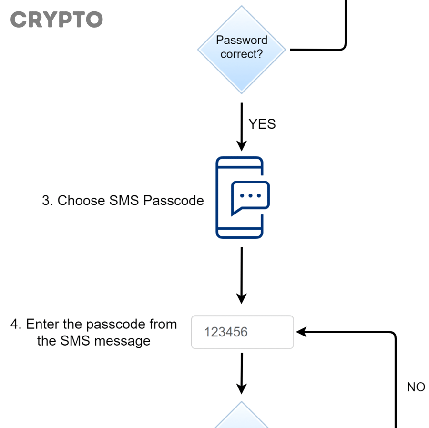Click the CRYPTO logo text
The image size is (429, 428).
[56, 20]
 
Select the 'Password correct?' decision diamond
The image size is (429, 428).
[242, 49]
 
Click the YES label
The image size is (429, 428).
[262, 124]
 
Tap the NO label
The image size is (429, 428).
[416, 387]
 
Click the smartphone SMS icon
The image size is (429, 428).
[240, 197]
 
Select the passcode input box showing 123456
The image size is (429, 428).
[242, 332]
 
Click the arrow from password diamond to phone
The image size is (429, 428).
[242, 126]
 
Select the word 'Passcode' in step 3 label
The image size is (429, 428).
[174, 201]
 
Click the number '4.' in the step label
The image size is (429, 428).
[16, 325]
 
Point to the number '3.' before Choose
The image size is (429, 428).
[47, 201]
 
